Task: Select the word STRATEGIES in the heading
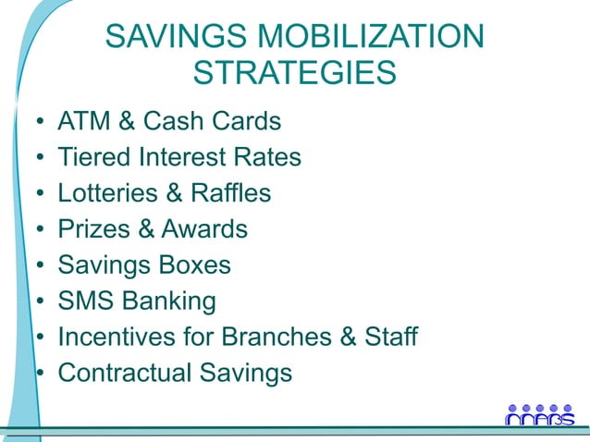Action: pyautogui.click(x=295, y=73)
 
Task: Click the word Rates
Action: pyautogui.click(x=267, y=157)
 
